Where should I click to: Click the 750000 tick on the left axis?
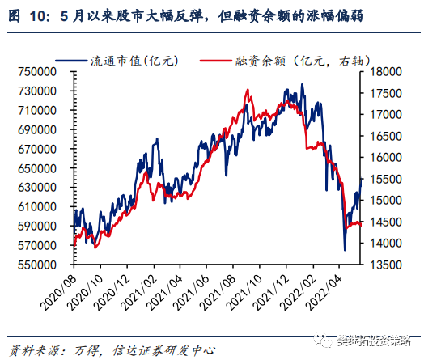[x=35, y=71]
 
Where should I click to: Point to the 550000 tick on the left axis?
[x=35, y=265]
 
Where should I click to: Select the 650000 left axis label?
[x=35, y=167]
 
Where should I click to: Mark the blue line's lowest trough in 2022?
[x=346, y=250]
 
